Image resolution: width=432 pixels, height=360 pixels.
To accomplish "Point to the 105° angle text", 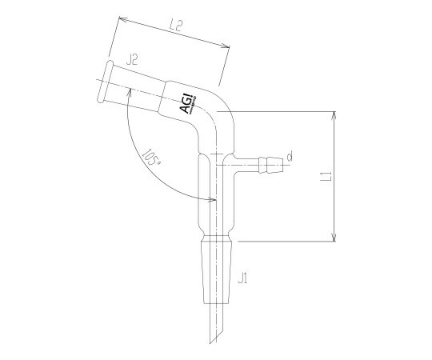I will tap(150, 156).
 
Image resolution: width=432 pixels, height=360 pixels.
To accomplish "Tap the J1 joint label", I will tap(243, 278).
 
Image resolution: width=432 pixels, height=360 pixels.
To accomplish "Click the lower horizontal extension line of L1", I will tap(288, 240).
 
